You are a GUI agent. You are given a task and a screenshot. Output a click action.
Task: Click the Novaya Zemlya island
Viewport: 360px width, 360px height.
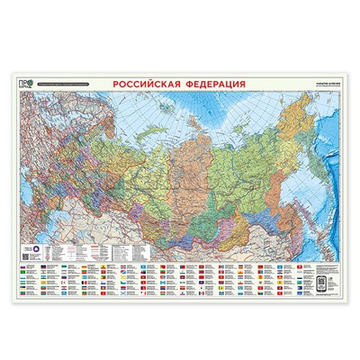pos(145,121)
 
